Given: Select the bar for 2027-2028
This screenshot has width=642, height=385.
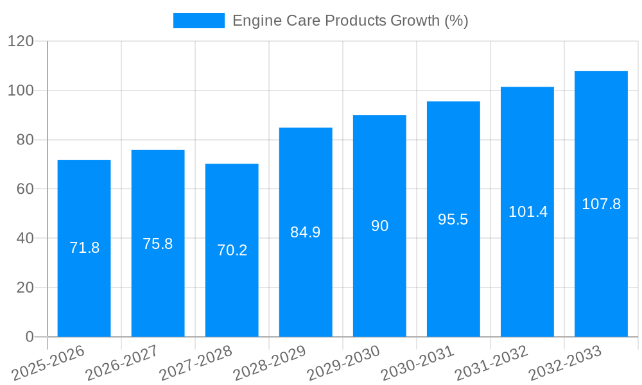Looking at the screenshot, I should (x=232, y=250).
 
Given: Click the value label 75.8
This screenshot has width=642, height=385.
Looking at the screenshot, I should (x=158, y=244).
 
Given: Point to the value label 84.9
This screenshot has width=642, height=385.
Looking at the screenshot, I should (x=306, y=232).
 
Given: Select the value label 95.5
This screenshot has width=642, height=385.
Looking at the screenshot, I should (x=453, y=219).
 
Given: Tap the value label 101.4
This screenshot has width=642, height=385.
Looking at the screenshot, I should (x=528, y=212).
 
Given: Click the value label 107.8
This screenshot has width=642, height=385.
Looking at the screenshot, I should (x=601, y=204).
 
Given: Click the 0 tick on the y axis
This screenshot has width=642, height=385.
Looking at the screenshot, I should (x=30, y=337).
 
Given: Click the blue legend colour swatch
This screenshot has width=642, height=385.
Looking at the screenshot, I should (x=199, y=21).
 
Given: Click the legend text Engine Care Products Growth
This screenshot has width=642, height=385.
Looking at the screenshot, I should (x=350, y=21).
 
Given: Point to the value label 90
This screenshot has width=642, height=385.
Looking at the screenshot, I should (x=379, y=226).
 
